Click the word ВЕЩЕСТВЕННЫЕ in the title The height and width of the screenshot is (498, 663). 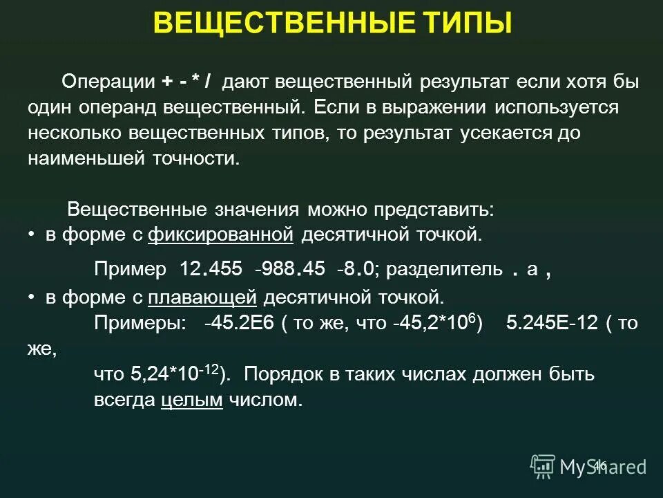click(x=282, y=23)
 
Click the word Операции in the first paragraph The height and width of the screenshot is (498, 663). click(x=108, y=82)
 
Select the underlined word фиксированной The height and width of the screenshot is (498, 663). click(x=221, y=235)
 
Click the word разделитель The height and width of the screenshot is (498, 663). click(x=443, y=269)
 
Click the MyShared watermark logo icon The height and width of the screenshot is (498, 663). click(x=542, y=466)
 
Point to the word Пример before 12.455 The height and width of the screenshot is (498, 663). click(x=130, y=269)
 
